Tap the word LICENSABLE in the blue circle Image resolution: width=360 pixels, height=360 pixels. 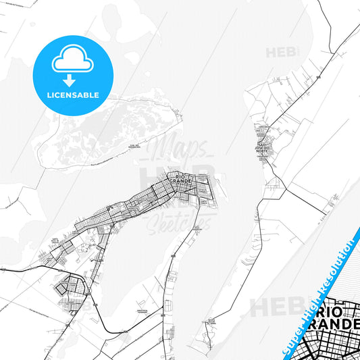coord(72,95)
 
